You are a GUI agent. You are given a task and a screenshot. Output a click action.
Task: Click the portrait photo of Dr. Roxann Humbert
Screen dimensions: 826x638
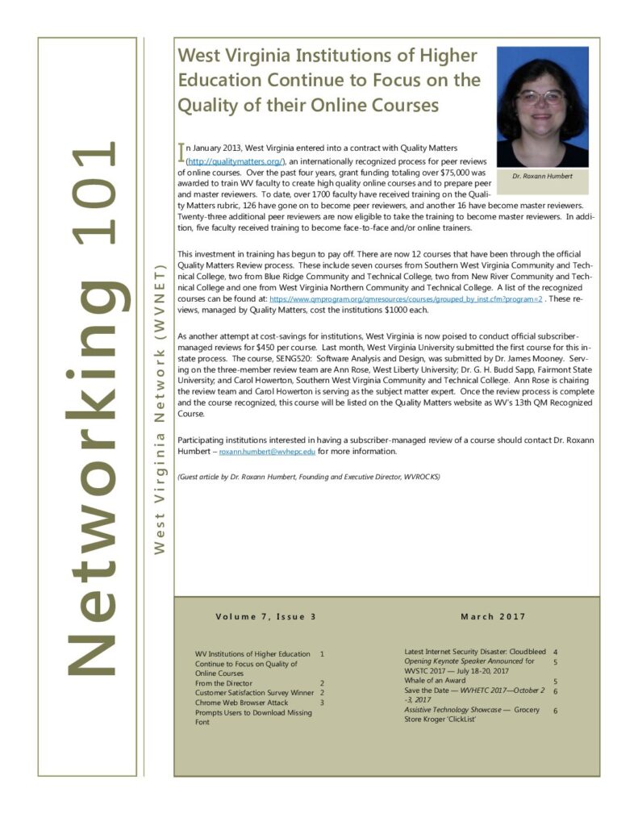pyautogui.click(x=542, y=106)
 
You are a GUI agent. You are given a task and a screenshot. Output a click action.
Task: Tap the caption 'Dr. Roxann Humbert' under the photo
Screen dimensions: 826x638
pyautogui.click(x=542, y=176)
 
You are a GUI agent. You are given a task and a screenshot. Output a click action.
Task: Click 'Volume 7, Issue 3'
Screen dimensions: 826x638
pyautogui.click(x=265, y=617)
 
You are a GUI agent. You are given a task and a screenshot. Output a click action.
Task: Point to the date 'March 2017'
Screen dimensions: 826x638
pyautogui.click(x=493, y=617)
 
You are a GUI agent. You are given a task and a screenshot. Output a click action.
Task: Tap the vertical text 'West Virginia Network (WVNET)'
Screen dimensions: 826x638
pyautogui.click(x=159, y=407)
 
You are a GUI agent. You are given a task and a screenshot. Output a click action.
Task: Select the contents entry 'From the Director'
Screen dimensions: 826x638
pyautogui.click(x=223, y=682)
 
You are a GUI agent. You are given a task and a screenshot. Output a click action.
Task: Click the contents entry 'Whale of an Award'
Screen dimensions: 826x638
pyautogui.click(x=435, y=681)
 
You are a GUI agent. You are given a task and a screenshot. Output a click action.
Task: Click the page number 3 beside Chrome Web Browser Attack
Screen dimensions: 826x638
pyautogui.click(x=322, y=703)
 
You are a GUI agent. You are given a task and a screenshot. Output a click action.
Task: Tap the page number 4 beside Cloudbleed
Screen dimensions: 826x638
pyautogui.click(x=556, y=651)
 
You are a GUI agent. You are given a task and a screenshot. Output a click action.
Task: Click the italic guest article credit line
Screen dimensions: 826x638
pyautogui.click(x=309, y=477)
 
